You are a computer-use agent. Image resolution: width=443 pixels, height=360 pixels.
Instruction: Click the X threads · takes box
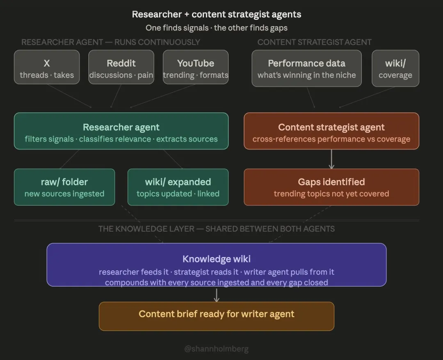pos(47,67)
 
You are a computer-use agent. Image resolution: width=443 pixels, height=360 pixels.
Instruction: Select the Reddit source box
pos(121,67)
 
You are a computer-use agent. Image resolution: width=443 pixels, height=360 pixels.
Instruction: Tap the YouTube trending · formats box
pos(196,67)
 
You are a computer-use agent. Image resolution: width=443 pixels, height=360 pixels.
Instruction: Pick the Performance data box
pos(306,68)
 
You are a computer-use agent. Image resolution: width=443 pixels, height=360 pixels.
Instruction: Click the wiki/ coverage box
pos(395,68)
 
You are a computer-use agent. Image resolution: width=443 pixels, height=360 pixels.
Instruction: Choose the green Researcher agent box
pos(121,131)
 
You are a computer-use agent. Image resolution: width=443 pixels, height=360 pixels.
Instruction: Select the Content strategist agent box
pos(331,131)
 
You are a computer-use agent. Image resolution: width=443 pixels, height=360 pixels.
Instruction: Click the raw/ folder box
pos(64,187)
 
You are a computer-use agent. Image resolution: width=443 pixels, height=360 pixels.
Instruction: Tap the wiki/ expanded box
pos(178,187)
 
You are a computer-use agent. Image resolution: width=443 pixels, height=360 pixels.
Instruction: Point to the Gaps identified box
pos(331,187)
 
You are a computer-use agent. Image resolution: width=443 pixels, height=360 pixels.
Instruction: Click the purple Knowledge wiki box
pos(217,265)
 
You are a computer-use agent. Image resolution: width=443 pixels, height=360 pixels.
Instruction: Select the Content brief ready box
pos(217,316)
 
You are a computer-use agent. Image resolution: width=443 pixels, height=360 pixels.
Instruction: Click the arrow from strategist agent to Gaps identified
pos(331,159)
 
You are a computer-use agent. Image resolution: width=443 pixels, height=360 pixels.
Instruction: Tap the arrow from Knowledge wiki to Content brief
pos(217,294)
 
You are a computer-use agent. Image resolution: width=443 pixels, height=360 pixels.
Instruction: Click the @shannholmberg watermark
pos(216,349)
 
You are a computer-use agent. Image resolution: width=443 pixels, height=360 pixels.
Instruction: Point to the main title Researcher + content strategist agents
pos(217,14)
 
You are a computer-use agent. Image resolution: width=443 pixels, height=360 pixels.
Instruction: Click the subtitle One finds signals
pos(217,28)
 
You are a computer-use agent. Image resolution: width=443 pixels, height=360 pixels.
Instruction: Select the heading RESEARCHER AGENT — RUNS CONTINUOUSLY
pos(111,42)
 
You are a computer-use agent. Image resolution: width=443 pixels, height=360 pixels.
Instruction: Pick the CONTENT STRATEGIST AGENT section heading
pos(314,42)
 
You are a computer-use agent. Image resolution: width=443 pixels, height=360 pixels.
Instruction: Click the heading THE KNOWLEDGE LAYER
pos(217,229)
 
